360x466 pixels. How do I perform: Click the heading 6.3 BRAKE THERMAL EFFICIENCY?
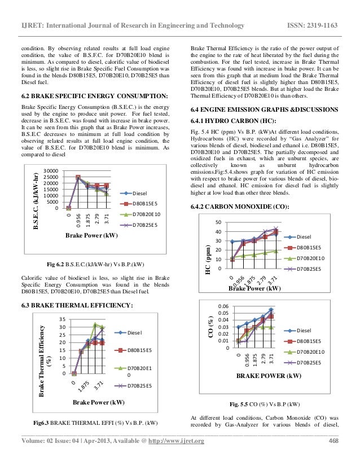click(76, 305)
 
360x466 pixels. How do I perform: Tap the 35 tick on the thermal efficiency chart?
click(63, 319)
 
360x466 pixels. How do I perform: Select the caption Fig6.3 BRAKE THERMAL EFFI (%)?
click(96, 423)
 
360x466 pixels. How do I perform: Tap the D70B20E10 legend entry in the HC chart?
click(315, 258)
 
